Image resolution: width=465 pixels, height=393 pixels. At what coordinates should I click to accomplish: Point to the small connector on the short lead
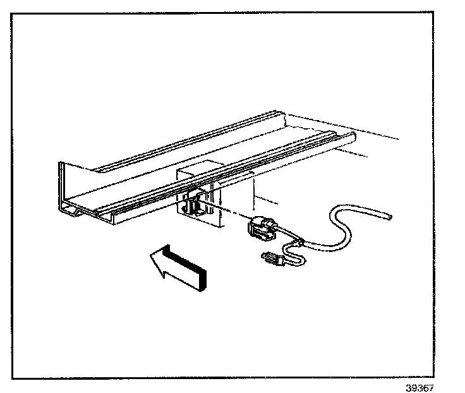click(x=270, y=258)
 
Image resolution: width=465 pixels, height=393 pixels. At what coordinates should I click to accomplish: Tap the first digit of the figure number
click(x=409, y=388)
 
